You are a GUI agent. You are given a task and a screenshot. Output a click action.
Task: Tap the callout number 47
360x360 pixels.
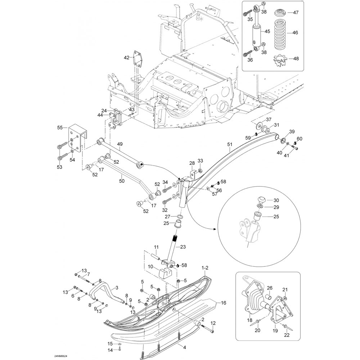pos(296,12)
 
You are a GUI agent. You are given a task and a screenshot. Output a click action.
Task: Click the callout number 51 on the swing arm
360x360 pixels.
pos(230,144)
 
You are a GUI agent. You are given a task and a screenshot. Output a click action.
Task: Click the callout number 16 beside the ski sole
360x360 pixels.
pos(224,303)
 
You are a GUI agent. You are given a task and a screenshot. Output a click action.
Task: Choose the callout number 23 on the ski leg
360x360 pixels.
pos(183,247)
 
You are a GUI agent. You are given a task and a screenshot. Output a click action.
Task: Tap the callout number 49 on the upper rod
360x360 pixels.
pos(120,144)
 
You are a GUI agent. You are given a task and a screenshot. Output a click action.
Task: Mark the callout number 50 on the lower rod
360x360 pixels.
pos(122,181)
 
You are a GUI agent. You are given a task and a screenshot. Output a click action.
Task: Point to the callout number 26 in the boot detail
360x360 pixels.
pos(270,288)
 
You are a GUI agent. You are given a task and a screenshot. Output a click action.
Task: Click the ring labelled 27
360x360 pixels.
pos(180,217)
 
